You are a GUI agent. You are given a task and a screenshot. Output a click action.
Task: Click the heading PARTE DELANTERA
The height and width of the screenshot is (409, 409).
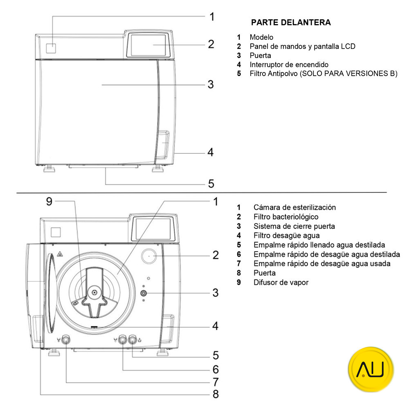tap(291, 22)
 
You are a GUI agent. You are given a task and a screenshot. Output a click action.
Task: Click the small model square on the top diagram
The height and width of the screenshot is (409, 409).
tap(51, 48)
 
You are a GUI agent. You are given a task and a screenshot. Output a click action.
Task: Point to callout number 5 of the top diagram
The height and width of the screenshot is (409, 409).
tap(211, 184)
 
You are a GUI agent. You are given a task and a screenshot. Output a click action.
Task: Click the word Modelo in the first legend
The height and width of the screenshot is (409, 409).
tap(261, 37)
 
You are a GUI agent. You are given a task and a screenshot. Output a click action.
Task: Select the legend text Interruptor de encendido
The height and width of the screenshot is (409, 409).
tap(289, 64)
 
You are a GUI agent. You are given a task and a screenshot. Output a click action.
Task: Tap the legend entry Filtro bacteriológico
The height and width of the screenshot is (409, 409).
tap(285, 217)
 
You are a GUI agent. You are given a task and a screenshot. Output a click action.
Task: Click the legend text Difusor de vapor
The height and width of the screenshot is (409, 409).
tap(281, 282)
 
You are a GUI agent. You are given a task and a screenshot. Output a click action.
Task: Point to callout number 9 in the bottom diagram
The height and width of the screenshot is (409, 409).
tap(49, 201)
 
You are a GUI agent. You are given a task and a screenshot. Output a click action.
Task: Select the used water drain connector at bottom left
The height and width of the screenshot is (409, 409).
tap(65, 339)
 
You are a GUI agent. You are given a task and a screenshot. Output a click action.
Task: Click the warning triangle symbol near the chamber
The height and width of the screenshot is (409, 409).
tap(59, 253)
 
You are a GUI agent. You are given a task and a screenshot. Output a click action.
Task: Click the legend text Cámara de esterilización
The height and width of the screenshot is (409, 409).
tap(294, 207)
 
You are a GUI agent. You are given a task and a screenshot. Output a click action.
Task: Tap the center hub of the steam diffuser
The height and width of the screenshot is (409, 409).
tap(94, 292)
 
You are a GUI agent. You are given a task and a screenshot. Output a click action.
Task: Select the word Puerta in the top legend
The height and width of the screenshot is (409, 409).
tap(260, 55)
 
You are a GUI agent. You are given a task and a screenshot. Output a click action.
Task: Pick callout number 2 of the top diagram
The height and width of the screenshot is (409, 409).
tap(211, 44)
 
